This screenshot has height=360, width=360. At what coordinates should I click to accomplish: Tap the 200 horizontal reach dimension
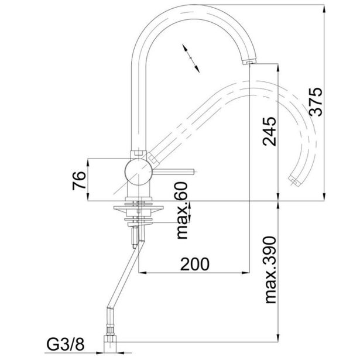[194, 264]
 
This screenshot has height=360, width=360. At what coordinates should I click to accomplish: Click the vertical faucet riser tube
[138, 105]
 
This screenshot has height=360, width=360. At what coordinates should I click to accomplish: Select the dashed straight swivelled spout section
[187, 120]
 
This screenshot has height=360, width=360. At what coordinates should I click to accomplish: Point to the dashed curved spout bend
[299, 117]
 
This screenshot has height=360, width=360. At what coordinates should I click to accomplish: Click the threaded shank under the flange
[136, 231]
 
